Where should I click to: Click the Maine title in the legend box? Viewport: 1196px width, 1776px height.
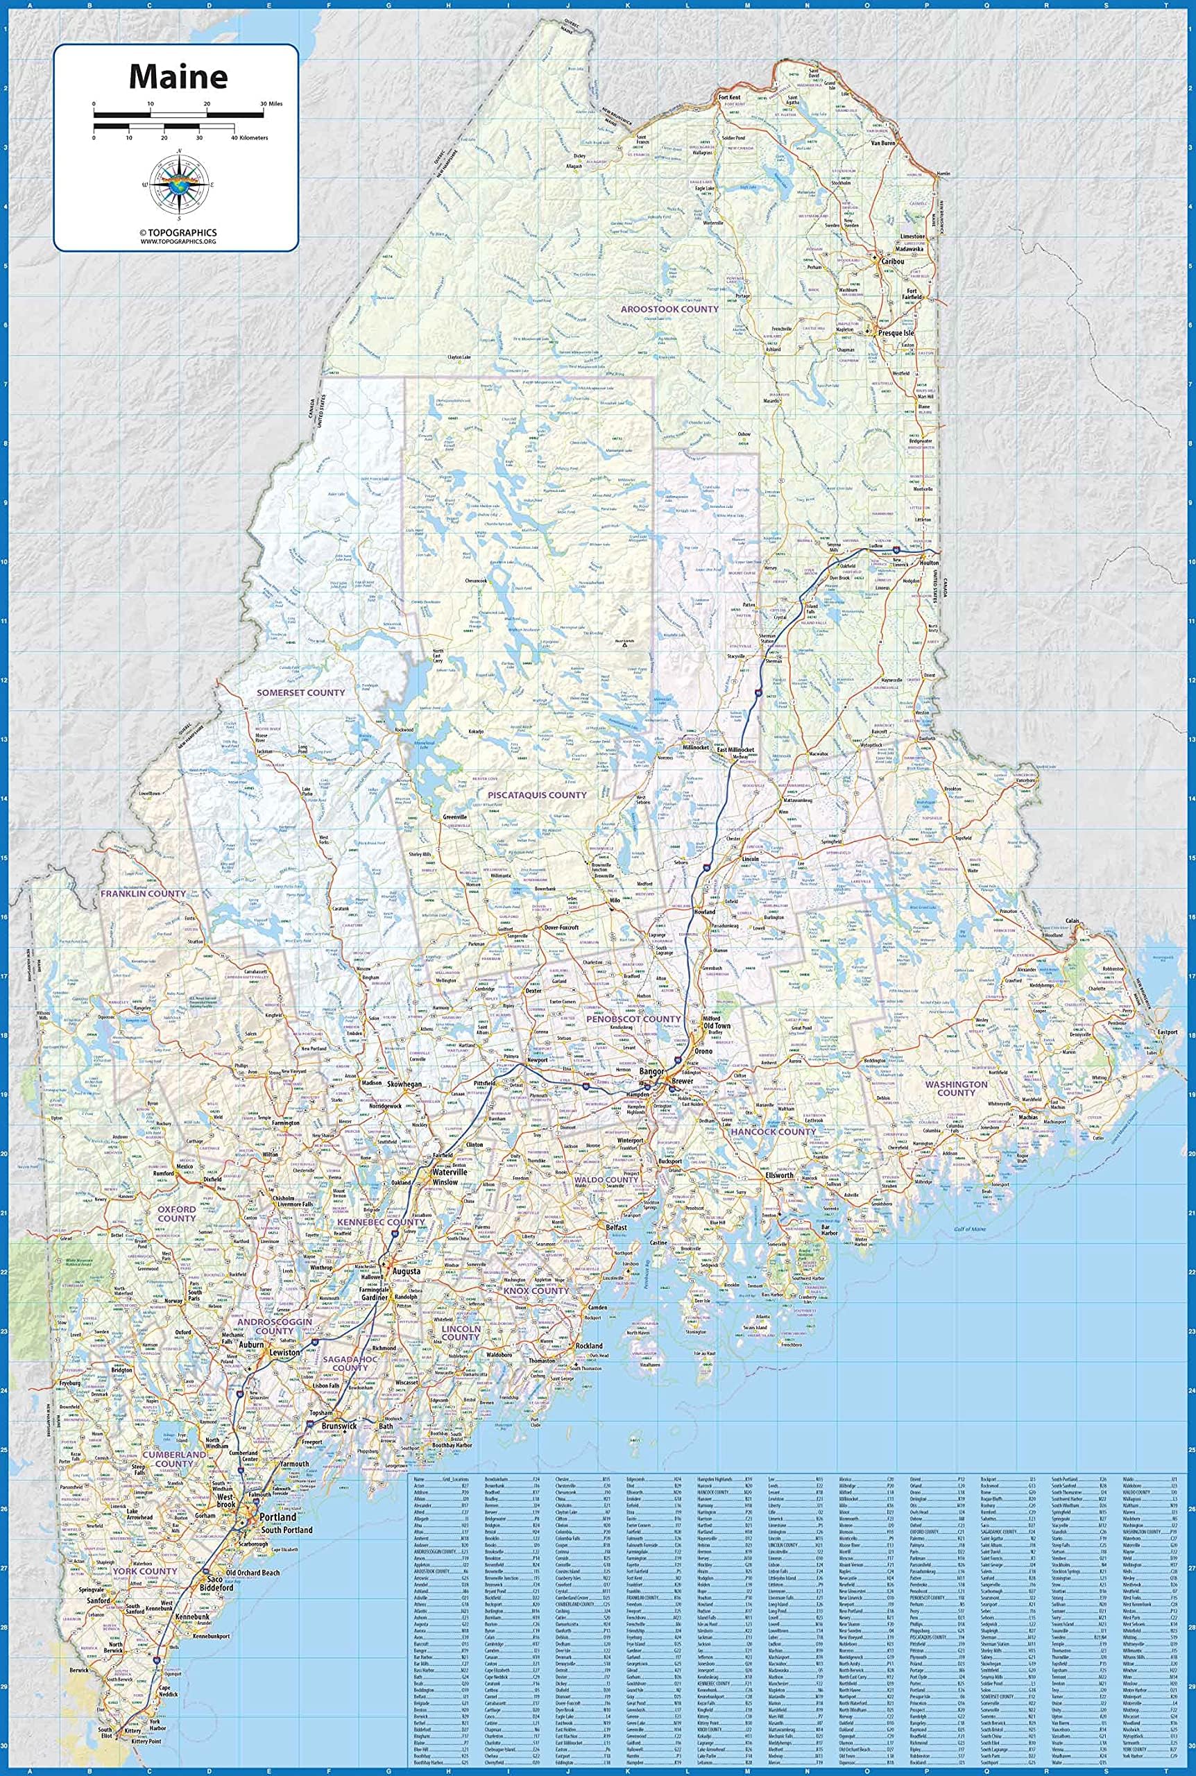(x=178, y=76)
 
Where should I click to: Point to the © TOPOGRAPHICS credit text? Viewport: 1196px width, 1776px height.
(x=178, y=232)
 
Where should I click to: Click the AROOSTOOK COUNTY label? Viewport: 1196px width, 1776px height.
(x=669, y=309)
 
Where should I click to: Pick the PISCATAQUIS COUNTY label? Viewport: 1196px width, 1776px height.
(x=538, y=794)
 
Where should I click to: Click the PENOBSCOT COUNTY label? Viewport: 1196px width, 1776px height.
(x=633, y=1019)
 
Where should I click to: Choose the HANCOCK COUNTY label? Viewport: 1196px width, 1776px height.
(x=774, y=1132)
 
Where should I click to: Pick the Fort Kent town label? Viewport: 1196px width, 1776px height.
(x=730, y=99)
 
